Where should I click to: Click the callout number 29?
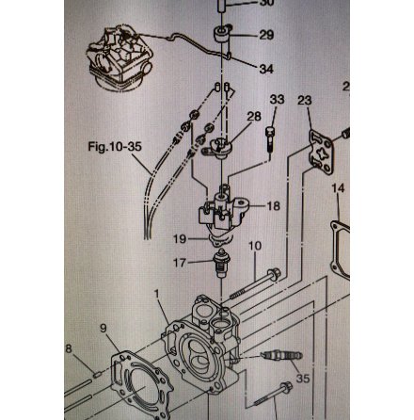tap(266, 35)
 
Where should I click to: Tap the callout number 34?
tap(266, 69)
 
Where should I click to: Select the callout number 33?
tap(277, 100)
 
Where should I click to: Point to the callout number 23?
tap(305, 100)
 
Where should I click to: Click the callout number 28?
tap(254, 117)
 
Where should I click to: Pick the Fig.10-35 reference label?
tap(115, 147)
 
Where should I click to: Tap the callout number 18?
tap(273, 206)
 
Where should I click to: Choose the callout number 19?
tap(180, 239)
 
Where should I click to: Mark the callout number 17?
tap(180, 263)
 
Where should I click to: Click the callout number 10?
tap(255, 246)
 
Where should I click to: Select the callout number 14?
tap(338, 188)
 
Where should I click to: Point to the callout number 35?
tap(303, 379)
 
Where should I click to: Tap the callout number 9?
tap(103, 329)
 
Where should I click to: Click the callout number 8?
tap(69, 348)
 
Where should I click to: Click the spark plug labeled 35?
tap(280, 356)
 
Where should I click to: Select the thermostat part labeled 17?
tap(222, 263)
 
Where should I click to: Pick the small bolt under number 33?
tap(270, 138)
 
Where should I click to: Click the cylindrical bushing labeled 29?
tap(222, 35)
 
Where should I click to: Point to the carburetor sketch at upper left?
tap(118, 58)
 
